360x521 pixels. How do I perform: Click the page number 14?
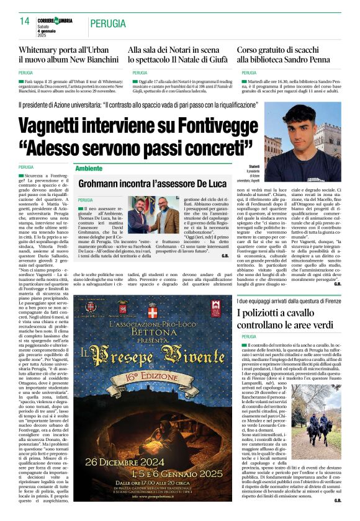pyautogui.click(x=25, y=22)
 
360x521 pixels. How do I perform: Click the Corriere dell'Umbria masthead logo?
pyautogui.click(x=55, y=21)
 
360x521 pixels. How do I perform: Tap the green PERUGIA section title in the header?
pyautogui.click(x=109, y=24)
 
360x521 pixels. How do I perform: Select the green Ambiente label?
pyautogui.click(x=89, y=168)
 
